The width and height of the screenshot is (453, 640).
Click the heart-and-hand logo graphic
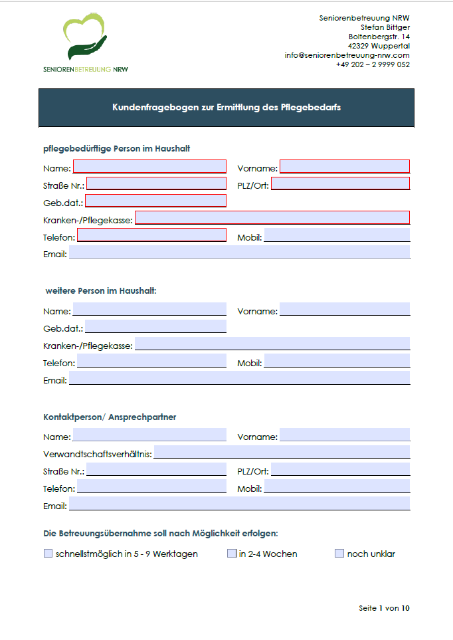tap(85, 39)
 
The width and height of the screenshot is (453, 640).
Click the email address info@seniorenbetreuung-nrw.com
tap(347, 55)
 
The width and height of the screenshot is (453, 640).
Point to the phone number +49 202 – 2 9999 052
tap(373, 64)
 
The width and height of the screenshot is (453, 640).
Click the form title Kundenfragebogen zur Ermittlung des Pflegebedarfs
tap(226, 107)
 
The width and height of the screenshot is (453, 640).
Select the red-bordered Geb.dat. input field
tap(155, 201)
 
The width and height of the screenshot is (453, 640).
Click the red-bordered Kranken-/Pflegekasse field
tap(272, 217)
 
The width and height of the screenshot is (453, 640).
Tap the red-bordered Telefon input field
tap(151, 235)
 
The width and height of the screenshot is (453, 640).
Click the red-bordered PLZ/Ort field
tap(340, 183)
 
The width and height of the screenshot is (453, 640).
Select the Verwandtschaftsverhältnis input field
tap(282, 453)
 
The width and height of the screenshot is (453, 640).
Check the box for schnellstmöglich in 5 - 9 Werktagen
tap(48, 553)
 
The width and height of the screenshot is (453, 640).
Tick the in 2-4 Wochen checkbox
tap(232, 553)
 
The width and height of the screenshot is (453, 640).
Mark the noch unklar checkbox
tap(339, 553)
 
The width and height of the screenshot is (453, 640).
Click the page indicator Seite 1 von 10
tap(384, 608)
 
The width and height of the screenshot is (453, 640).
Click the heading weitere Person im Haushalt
tap(101, 290)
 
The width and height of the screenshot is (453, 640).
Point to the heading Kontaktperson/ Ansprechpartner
tap(110, 417)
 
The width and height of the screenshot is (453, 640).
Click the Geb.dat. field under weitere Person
tap(155, 326)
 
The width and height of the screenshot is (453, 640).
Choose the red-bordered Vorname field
tap(345, 166)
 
